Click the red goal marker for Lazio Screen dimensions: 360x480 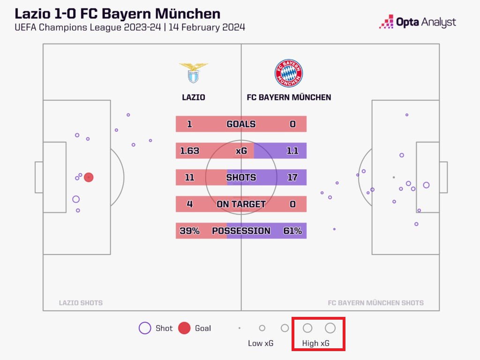coord(89,177)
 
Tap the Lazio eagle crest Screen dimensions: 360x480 coord(193,73)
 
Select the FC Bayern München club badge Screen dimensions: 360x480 coord(289,73)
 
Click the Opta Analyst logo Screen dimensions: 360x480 coord(417,22)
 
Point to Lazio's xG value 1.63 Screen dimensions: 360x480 coord(190,151)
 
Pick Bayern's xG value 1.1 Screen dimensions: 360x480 coord(293,151)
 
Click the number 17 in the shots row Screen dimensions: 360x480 coord(292,178)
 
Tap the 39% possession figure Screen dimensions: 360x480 coord(189,231)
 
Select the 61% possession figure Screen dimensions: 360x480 coord(292,231)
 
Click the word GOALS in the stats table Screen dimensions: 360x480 coord(241,124)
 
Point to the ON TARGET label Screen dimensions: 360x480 coord(241,204)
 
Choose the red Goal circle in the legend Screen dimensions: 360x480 coord(185,328)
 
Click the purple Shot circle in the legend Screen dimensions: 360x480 coord(145,328)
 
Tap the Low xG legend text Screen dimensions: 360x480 coord(261,343)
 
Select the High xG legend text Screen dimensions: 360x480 coord(316,343)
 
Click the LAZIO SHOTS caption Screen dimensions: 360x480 coord(81,303)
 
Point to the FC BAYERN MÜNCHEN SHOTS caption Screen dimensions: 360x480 coord(375,303)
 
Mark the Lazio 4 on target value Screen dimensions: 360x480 coord(189,204)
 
